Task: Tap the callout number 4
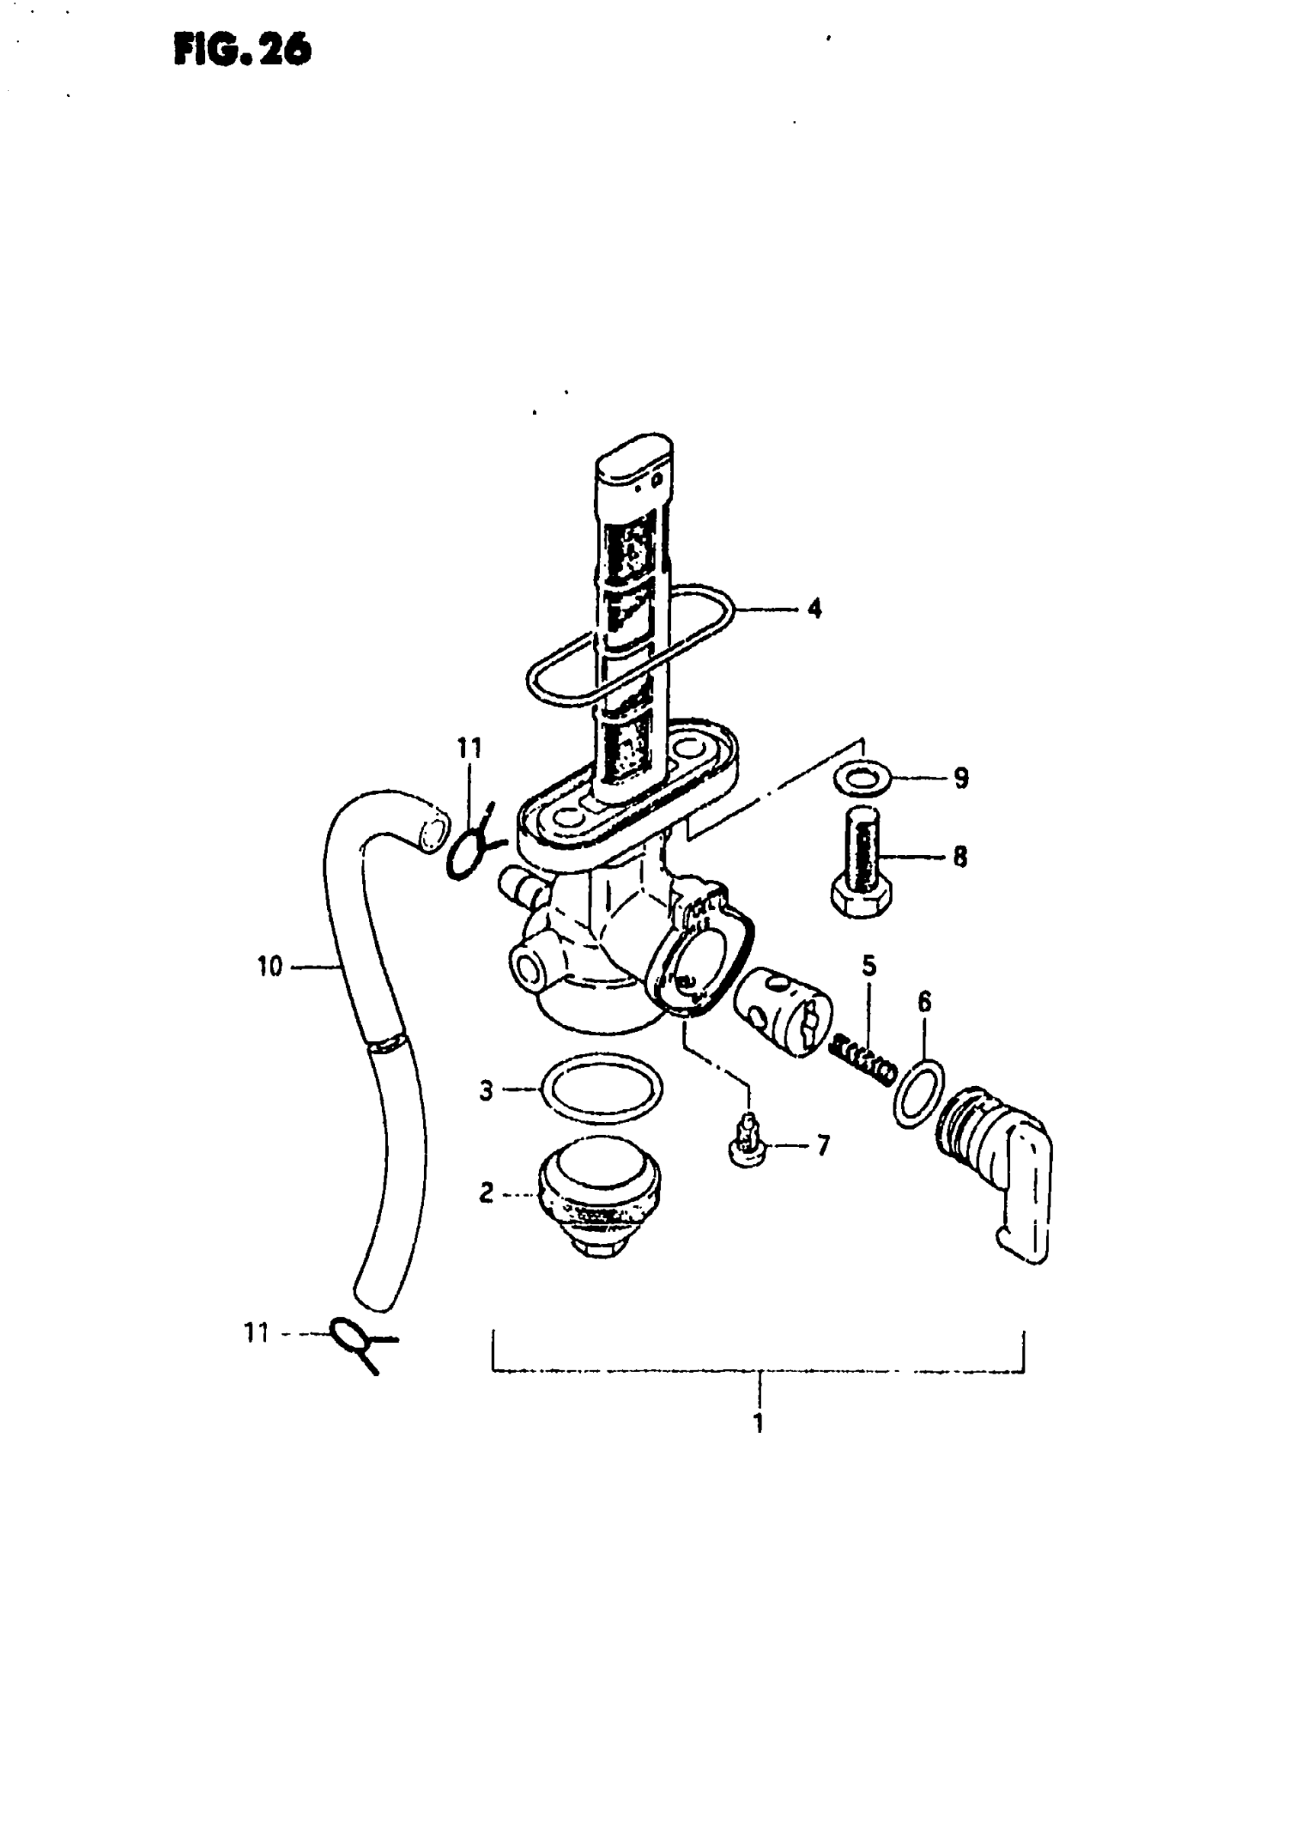813,609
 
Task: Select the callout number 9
961,777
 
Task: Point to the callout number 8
960,857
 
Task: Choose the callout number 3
486,1091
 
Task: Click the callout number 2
486,1194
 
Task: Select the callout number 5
869,966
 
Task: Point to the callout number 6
924,1002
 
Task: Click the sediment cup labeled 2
600,1195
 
